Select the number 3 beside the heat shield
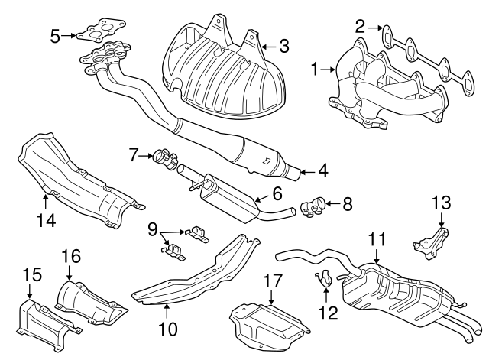coord(283,47)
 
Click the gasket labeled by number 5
coord(96,34)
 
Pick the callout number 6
coord(277,193)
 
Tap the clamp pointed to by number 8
coord(313,205)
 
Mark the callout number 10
coord(167,329)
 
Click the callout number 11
coord(375,240)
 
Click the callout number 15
coord(29,274)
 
